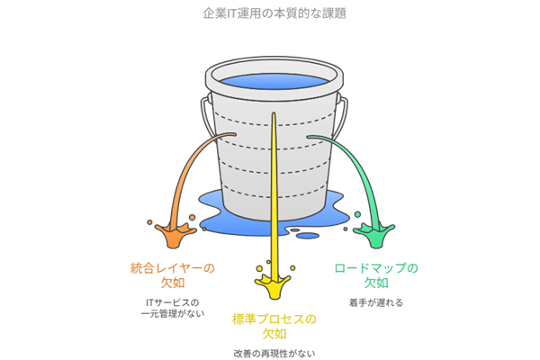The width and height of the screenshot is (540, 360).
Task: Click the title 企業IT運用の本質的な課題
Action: click(270, 14)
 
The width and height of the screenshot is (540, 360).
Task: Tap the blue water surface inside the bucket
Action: click(270, 83)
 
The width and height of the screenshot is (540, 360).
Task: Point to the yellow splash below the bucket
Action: click(272, 286)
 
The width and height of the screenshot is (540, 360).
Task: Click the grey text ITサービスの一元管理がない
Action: click(173, 308)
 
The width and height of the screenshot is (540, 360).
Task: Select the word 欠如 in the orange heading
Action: click(173, 283)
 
